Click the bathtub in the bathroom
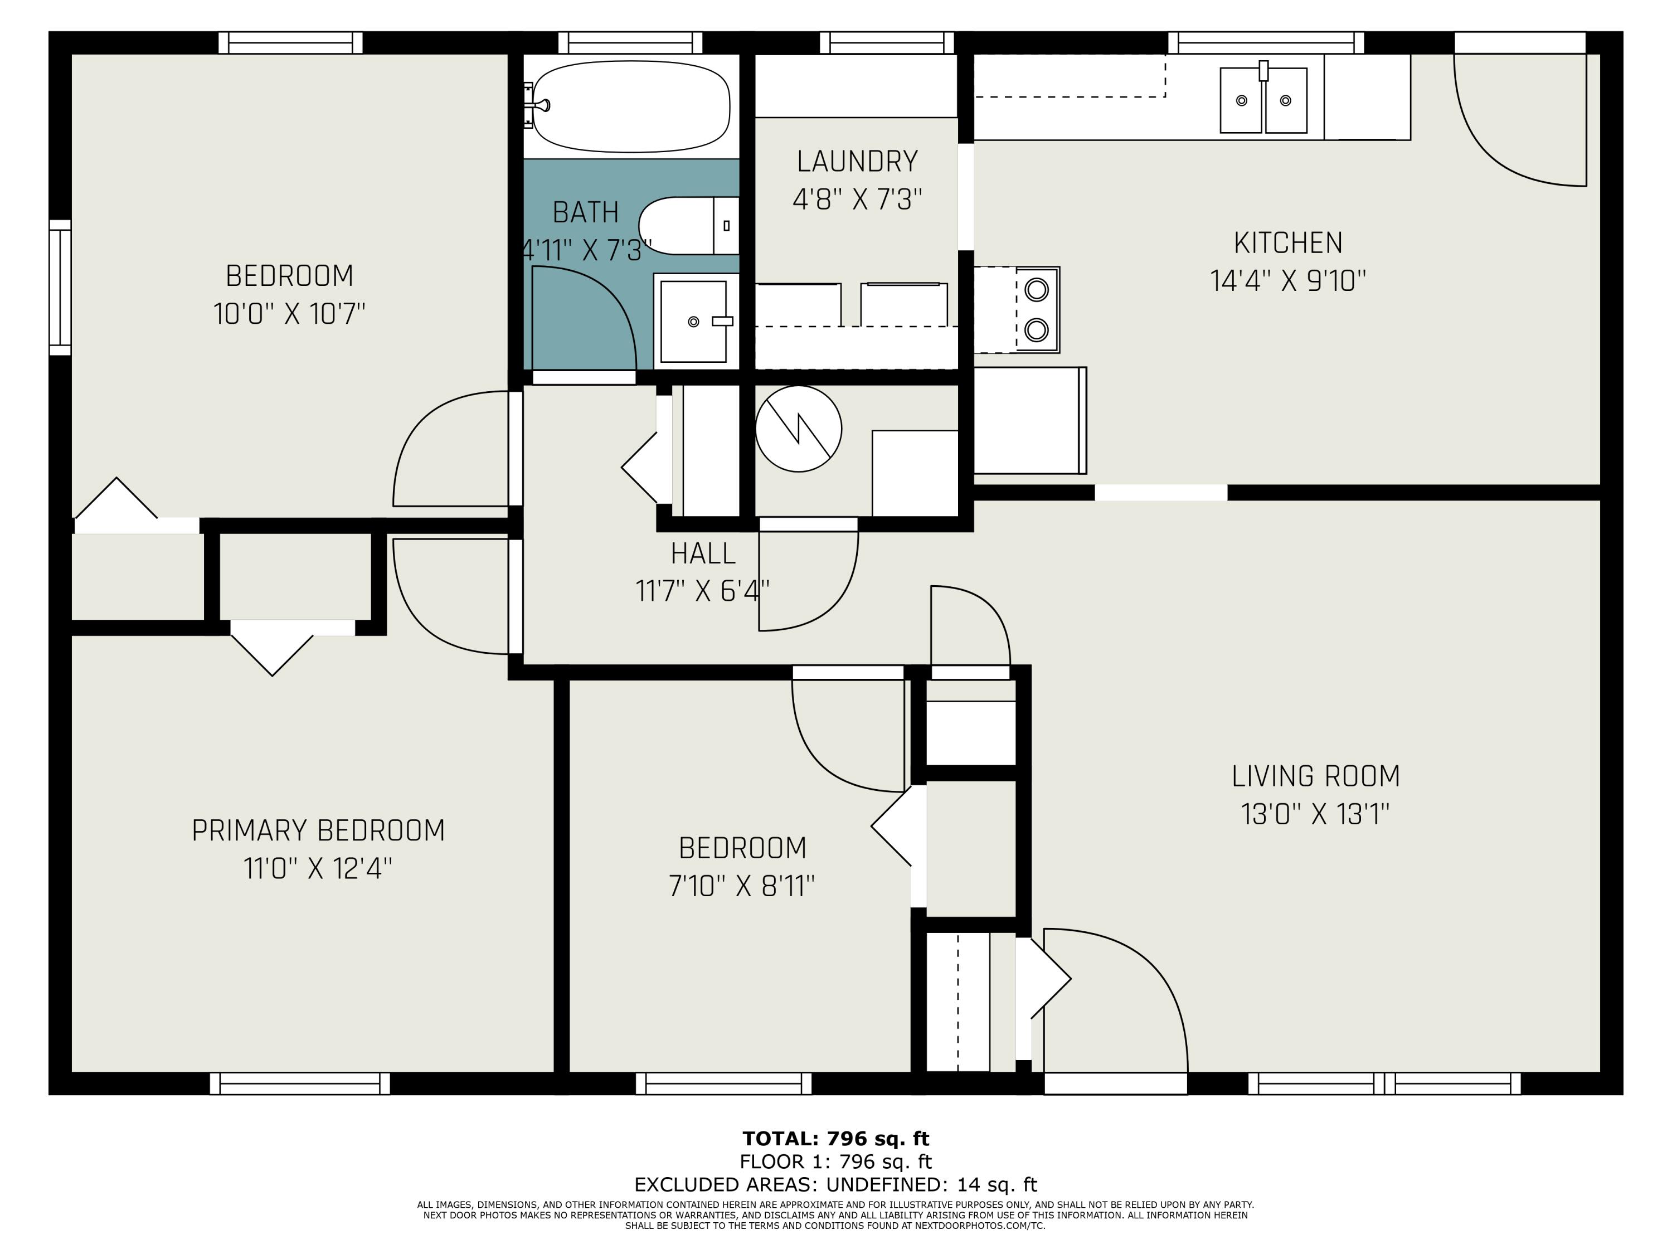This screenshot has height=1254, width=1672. pos(631,106)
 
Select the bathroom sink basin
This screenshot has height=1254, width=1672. pos(694,321)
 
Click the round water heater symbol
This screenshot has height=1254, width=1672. pos(798,429)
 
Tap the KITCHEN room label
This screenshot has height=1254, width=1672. pos(1288,244)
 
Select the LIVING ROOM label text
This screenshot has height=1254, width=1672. pos(1315,776)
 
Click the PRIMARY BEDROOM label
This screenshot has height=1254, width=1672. pos(318,831)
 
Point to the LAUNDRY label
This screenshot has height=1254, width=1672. pos(857,162)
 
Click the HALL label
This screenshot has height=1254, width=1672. pos(703,554)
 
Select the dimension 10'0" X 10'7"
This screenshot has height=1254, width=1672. pos(289,313)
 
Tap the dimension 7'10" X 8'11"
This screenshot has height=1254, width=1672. pos(742,885)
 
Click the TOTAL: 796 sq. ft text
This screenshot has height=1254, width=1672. pos(835,1138)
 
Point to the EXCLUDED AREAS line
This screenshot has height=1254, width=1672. pos(835,1184)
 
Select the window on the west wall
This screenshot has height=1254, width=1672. pos(60,287)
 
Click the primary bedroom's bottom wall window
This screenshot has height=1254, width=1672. pos(300,1083)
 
